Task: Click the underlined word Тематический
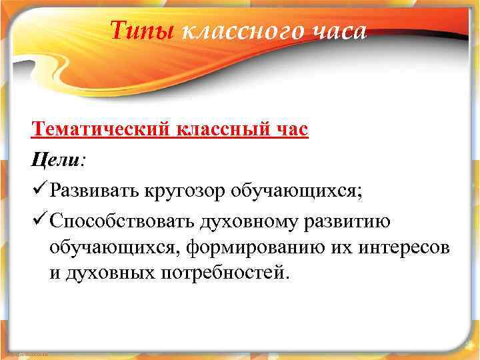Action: [x=101, y=129]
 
